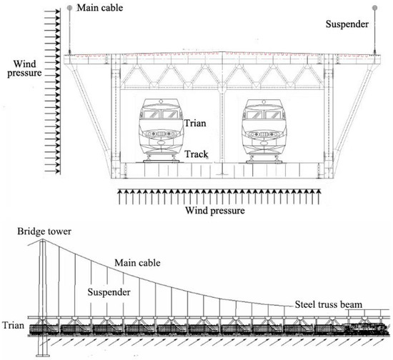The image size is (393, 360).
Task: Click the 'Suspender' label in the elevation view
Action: (x=111, y=291)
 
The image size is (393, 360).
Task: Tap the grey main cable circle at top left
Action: (x=69, y=8)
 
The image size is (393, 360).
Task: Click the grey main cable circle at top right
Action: (x=374, y=8)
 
